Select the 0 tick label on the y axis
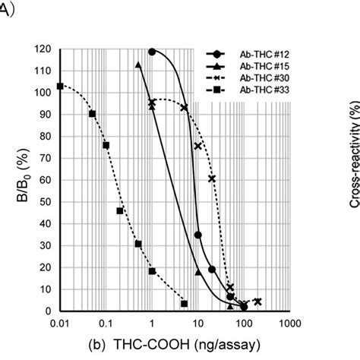pyautogui.click(x=47, y=311)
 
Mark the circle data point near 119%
pyautogui.click(x=153, y=52)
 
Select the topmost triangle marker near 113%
pyautogui.click(x=138, y=65)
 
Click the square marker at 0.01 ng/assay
pyautogui.click(x=60, y=86)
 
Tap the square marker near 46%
pyautogui.click(x=120, y=210)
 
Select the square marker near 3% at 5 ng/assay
pyautogui.click(x=184, y=304)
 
